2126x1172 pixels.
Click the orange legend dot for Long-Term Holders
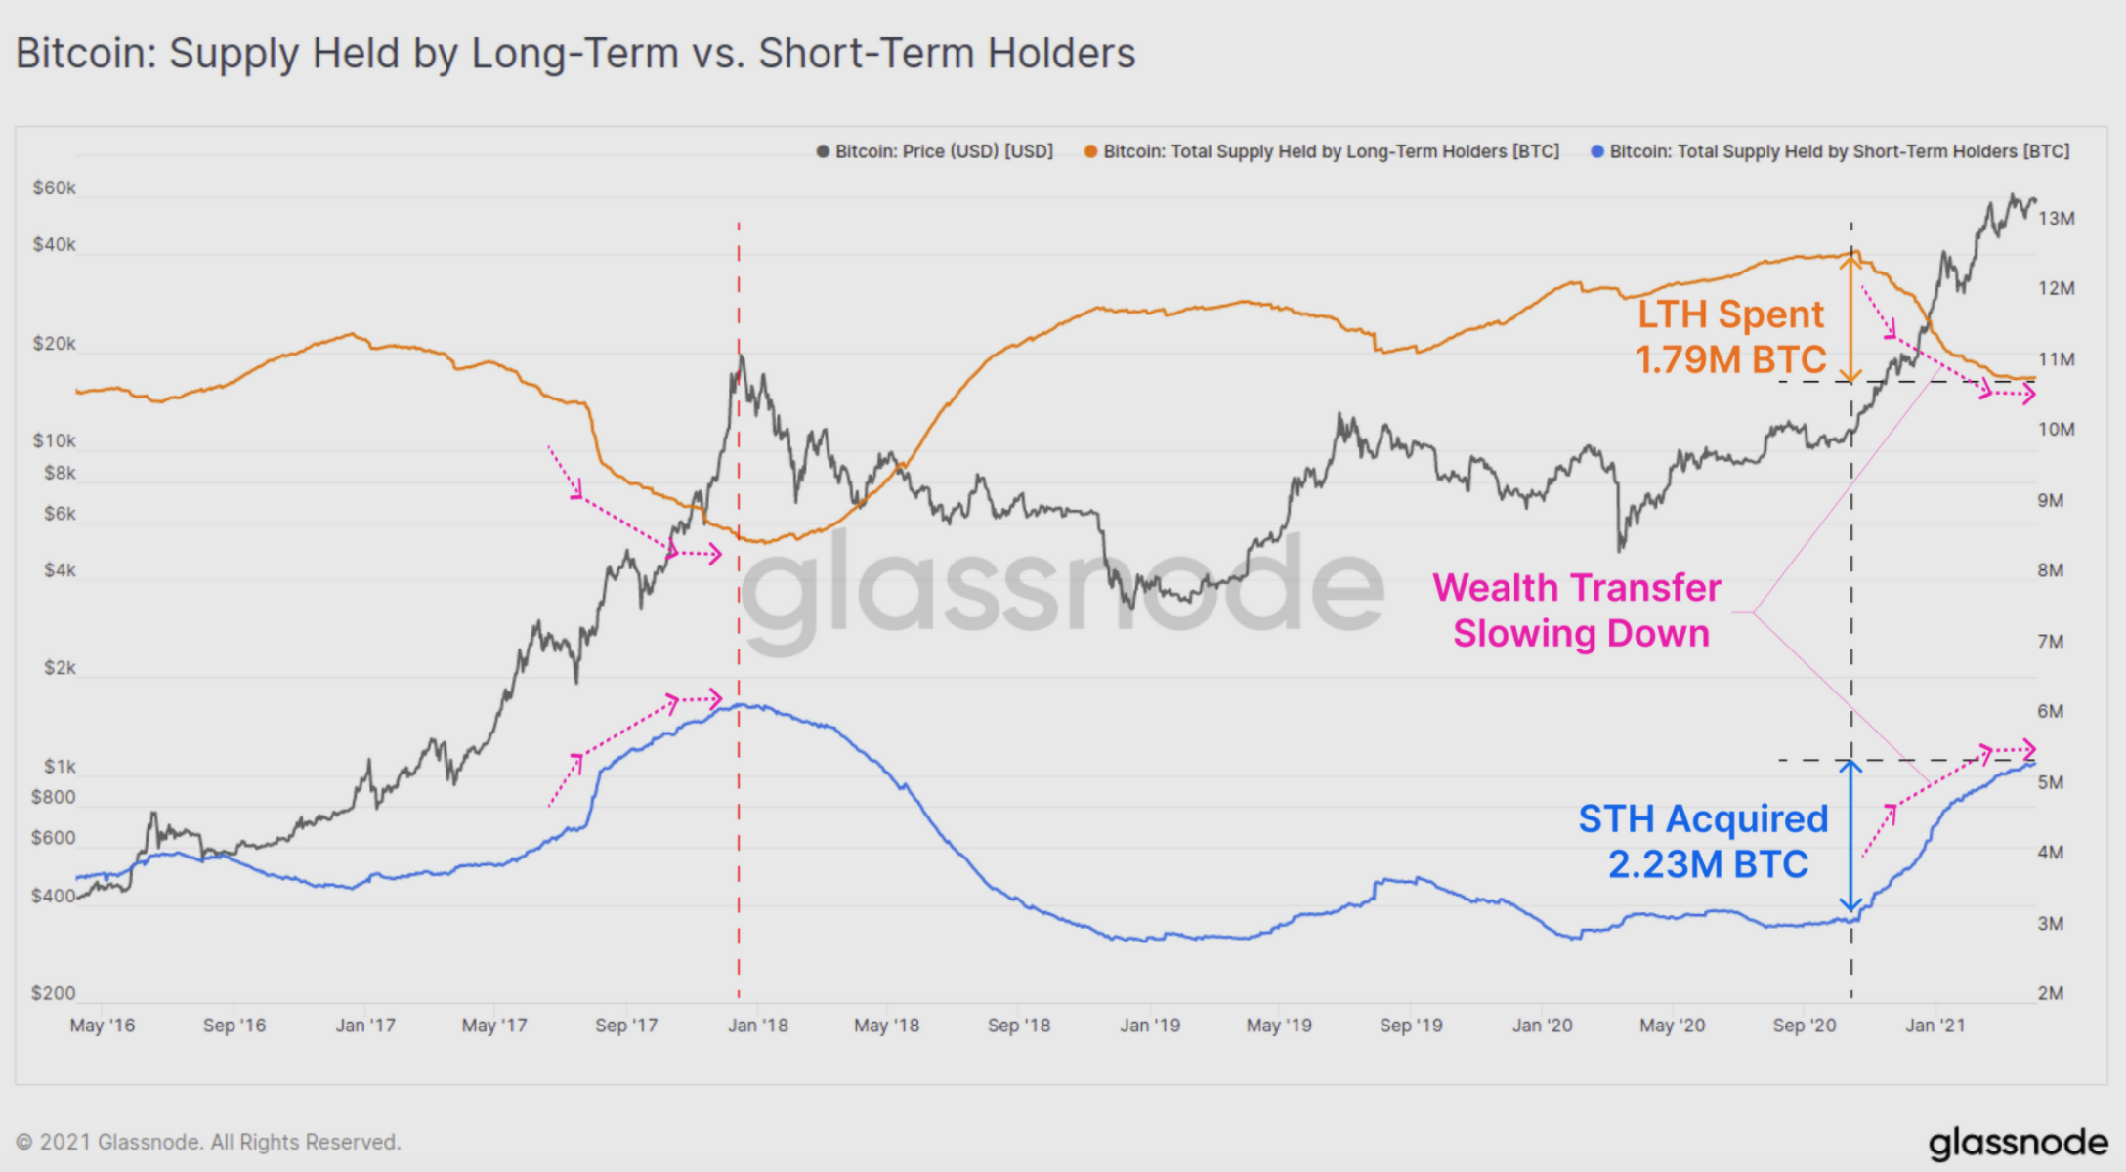(x=1090, y=151)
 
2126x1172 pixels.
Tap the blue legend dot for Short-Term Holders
(x=1597, y=151)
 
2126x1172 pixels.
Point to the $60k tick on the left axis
(x=54, y=188)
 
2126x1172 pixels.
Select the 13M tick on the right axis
(x=2056, y=219)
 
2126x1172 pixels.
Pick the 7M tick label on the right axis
(x=2051, y=642)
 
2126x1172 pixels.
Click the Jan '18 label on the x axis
(x=757, y=1025)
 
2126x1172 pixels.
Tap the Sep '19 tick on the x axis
(x=1410, y=1025)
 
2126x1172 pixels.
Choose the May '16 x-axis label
(x=103, y=1025)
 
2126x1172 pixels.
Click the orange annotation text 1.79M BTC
(x=1730, y=359)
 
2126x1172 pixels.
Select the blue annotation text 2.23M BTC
(x=1708, y=864)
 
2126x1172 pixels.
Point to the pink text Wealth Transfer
(x=1576, y=588)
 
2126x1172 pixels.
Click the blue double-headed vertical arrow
(x=1850, y=835)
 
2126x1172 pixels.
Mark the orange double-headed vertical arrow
(x=1850, y=317)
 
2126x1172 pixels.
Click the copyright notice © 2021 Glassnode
(x=208, y=1142)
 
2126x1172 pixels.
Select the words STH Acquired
(x=1703, y=818)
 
